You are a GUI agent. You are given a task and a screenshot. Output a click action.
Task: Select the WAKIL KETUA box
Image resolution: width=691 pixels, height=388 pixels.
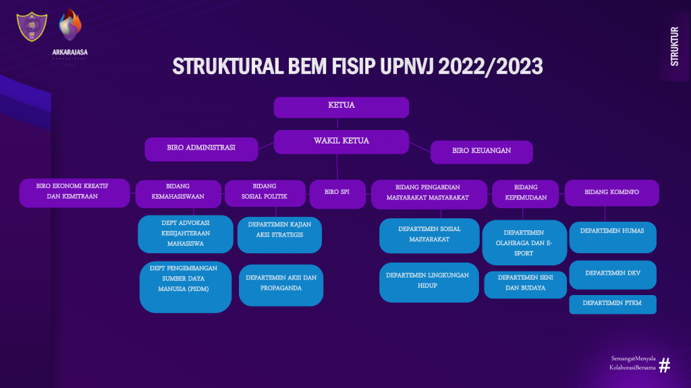point(341,141)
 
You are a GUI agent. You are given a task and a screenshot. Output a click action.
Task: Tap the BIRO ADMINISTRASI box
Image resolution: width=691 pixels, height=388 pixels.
point(201,149)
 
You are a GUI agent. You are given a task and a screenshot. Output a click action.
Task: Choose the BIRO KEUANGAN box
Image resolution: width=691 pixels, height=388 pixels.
point(481,152)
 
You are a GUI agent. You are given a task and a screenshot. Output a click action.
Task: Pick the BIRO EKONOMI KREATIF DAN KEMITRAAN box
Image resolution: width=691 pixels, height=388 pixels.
point(74,193)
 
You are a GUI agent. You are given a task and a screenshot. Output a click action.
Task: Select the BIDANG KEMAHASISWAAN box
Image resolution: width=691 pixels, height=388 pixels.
point(178,193)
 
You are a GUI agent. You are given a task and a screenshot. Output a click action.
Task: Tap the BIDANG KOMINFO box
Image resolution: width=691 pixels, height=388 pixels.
point(611,193)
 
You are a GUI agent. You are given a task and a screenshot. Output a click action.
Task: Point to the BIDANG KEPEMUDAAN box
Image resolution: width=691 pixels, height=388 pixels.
point(526,193)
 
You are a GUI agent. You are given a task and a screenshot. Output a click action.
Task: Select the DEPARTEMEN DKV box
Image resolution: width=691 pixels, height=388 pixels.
point(612,274)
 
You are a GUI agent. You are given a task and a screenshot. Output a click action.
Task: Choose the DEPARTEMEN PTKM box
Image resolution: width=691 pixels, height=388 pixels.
point(612,304)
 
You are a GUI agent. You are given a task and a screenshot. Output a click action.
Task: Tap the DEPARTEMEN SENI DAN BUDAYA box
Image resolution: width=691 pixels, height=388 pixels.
point(525,284)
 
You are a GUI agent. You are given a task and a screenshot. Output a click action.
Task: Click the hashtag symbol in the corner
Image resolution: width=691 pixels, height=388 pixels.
point(664,366)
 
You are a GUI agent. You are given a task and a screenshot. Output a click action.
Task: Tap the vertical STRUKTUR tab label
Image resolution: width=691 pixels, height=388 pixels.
point(674,46)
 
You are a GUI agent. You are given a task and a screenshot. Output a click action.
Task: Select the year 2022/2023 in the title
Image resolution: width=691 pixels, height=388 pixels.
point(490,67)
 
